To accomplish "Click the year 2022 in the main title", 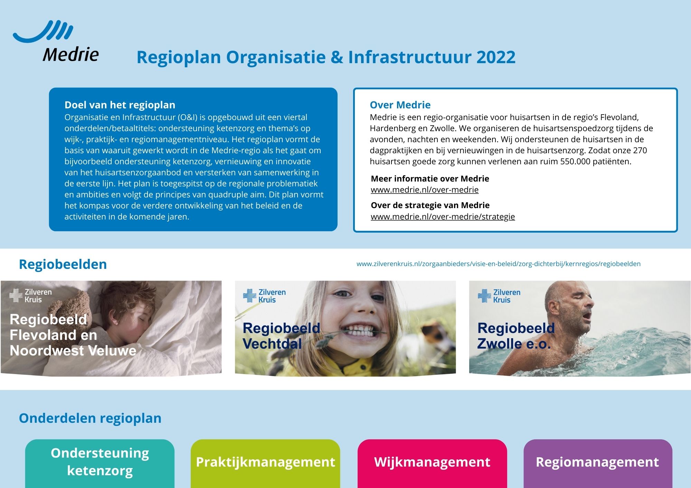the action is [496, 57].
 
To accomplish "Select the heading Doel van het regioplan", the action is [120, 105].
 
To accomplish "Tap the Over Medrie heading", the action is [400, 105].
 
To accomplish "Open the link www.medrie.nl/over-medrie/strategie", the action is [443, 217].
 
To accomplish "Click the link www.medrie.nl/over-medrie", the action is [425, 190].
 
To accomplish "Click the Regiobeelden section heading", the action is [63, 264].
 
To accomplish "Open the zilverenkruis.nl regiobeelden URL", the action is [499, 264].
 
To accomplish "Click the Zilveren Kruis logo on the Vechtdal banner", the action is [264, 296].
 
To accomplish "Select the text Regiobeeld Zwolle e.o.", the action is [516, 336].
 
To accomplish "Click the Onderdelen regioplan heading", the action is [90, 418].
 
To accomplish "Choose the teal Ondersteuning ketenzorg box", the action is [100, 463].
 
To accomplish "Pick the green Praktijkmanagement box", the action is [265, 463].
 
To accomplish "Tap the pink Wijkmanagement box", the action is [432, 463].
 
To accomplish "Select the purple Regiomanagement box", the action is [598, 463].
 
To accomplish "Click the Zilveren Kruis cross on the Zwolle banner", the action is [484, 296].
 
